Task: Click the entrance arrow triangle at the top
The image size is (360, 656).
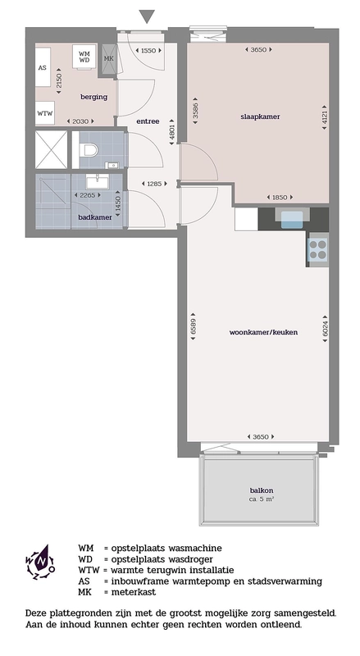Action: click(x=147, y=16)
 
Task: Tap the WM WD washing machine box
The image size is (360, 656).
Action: click(x=84, y=57)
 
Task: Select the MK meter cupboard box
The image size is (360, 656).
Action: click(x=109, y=59)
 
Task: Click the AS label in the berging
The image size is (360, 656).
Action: click(x=43, y=67)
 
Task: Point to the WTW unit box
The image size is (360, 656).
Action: click(x=45, y=112)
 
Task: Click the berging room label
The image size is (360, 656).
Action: click(x=93, y=97)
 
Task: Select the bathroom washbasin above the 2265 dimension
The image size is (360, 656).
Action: click(x=97, y=181)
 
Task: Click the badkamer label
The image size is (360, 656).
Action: click(x=95, y=217)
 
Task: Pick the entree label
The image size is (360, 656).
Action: click(x=148, y=121)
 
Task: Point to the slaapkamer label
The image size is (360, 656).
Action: click(x=260, y=116)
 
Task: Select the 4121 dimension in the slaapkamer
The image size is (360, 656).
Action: click(x=325, y=116)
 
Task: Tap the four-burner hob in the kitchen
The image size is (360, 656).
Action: click(x=317, y=249)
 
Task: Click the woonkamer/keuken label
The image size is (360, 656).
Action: click(x=264, y=333)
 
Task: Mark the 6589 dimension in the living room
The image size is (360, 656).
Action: click(x=193, y=325)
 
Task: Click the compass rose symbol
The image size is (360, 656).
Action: click(x=40, y=562)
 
